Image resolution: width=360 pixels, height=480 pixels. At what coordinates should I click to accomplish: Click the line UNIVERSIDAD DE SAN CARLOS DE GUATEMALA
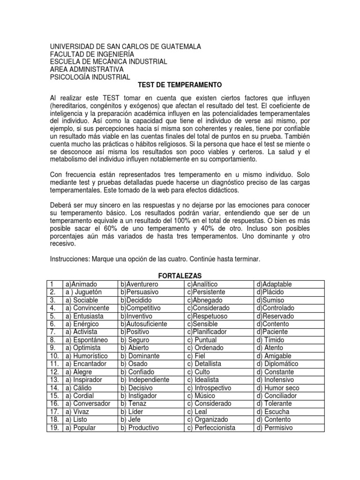point(126,46)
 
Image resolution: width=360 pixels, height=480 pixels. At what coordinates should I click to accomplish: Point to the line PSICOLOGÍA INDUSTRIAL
point(90,77)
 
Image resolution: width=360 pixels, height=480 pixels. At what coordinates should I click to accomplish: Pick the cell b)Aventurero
point(139,285)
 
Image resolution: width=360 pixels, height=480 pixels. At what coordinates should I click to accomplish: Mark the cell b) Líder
point(133,412)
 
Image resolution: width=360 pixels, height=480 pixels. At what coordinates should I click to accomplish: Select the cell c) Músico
point(202,396)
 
